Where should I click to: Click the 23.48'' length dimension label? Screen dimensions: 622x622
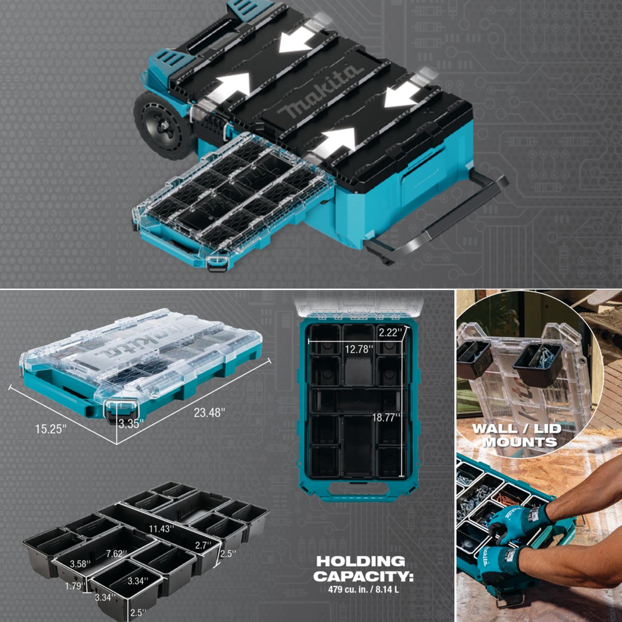[209, 413]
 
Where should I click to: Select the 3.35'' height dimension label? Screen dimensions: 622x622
[131, 423]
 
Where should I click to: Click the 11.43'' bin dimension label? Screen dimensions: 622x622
[161, 529]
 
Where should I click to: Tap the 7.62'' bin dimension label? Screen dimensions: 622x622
[117, 554]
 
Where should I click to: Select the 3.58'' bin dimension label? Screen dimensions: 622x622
[80, 564]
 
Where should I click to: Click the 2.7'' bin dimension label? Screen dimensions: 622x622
[204, 545]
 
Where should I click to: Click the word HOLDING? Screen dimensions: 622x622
[361, 561]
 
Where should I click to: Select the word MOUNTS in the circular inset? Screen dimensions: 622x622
[520, 442]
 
